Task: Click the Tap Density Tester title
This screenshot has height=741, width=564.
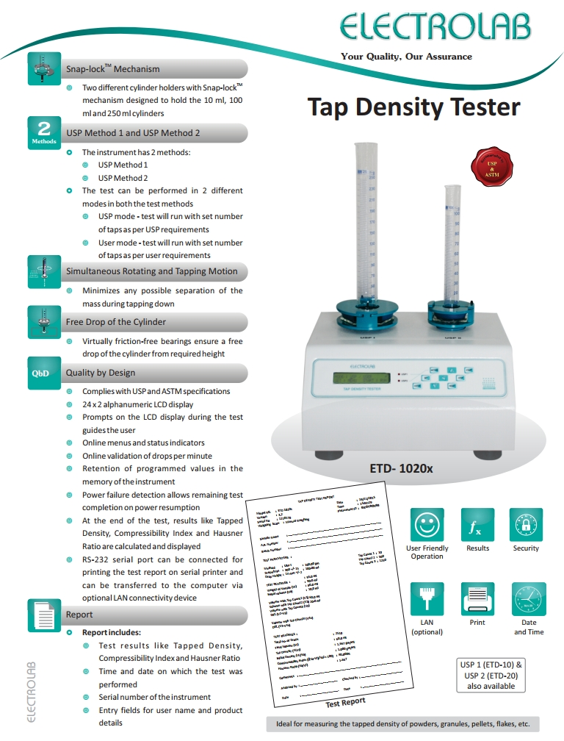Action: click(x=413, y=107)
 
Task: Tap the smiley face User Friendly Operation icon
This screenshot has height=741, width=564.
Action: click(x=427, y=526)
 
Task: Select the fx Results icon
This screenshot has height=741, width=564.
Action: click(x=477, y=526)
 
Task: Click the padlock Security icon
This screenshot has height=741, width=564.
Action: click(x=526, y=526)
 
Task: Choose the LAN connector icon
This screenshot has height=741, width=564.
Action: click(x=427, y=598)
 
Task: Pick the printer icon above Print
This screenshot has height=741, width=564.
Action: click(x=477, y=598)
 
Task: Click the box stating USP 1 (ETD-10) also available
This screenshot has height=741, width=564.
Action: click(x=491, y=675)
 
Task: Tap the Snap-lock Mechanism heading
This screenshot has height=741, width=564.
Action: click(x=112, y=69)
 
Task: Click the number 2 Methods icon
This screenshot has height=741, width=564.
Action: click(x=43, y=132)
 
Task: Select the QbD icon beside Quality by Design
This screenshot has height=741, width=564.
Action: click(x=40, y=373)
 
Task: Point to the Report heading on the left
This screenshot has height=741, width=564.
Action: click(x=79, y=615)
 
